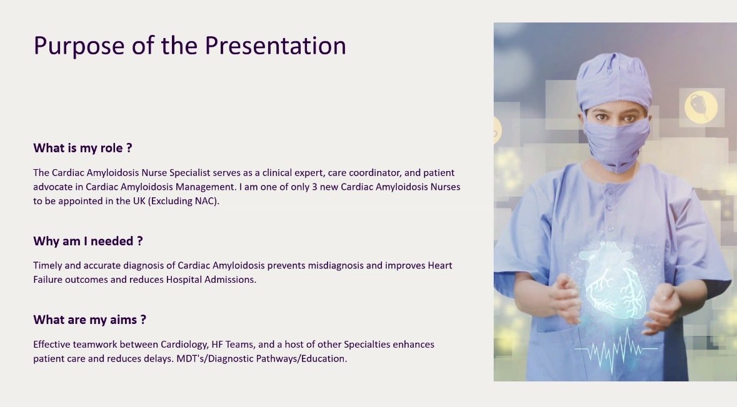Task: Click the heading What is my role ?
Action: tap(83, 148)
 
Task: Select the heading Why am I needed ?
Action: tap(88, 241)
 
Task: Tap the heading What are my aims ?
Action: tap(89, 320)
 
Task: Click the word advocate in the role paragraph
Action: tap(54, 187)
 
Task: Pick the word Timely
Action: tap(48, 265)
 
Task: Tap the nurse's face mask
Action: tap(616, 144)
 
